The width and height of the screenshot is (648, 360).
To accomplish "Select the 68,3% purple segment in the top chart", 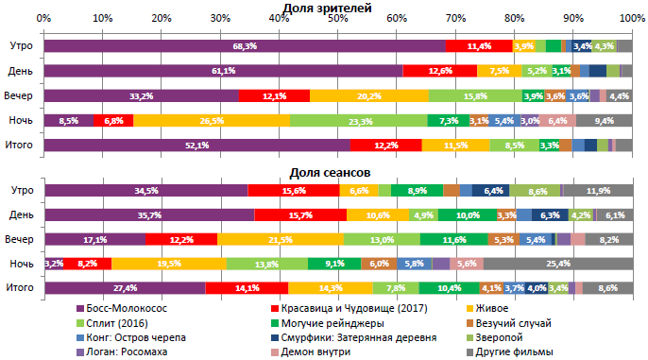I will pyautogui.click(x=244, y=45).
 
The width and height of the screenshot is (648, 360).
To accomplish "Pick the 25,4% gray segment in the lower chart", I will pyautogui.click(x=558, y=264).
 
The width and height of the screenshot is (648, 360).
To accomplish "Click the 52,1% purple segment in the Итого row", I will pyautogui.click(x=196, y=145).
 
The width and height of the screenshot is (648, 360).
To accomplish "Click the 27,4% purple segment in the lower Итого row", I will pyautogui.click(x=125, y=288).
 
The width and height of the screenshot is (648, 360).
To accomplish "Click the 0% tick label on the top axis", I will pyautogui.click(x=43, y=19).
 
